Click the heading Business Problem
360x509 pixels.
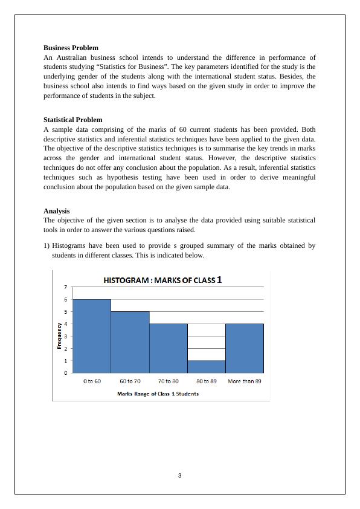(x=71, y=47)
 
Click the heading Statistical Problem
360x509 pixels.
(x=72, y=120)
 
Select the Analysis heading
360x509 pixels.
(x=56, y=211)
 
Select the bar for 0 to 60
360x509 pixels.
(x=91, y=336)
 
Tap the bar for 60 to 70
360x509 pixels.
(x=130, y=342)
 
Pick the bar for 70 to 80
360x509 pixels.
(x=169, y=348)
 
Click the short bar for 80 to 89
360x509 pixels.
(x=207, y=366)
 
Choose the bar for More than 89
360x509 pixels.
(x=245, y=348)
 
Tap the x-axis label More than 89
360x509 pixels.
(x=245, y=381)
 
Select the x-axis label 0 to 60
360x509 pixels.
(x=91, y=381)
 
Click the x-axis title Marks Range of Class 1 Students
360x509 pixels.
(x=158, y=394)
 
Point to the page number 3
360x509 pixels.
(x=179, y=475)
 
